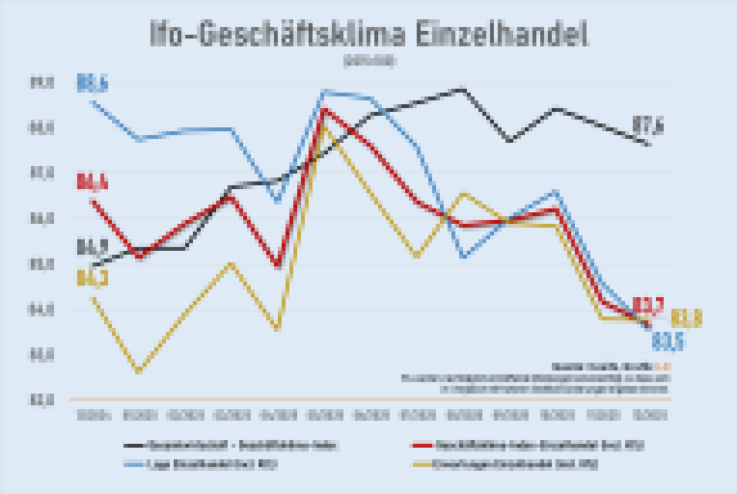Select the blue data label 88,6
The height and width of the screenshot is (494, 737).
[x=92, y=82]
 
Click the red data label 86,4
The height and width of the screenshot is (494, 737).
[x=92, y=183]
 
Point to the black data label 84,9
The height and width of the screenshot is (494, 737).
[x=92, y=248]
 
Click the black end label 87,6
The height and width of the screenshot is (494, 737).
[x=648, y=124]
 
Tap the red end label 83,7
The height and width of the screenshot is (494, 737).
[x=647, y=306]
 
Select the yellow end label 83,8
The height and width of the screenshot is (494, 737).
[x=686, y=317]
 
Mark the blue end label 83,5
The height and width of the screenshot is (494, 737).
[x=668, y=340]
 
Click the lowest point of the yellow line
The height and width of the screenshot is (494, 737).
[x=138, y=371]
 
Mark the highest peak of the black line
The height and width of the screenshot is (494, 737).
[x=462, y=89]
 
